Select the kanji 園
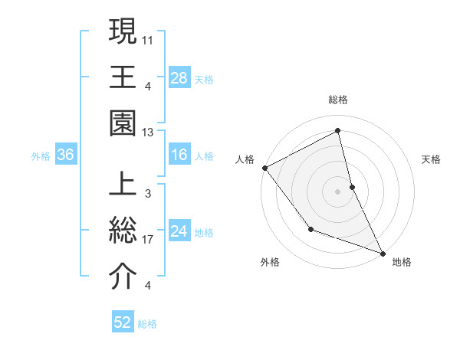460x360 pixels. (x=123, y=122)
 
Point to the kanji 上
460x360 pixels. (x=123, y=185)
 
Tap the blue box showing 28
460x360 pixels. (x=179, y=77)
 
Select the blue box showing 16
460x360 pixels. (x=179, y=155)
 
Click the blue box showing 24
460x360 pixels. (x=179, y=231)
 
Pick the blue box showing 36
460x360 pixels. (x=66, y=155)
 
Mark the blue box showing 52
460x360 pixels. (x=123, y=323)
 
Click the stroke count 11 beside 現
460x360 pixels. (x=149, y=38)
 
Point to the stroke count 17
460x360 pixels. (x=149, y=240)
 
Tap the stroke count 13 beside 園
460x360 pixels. (x=149, y=132)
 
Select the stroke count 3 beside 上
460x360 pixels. (x=147, y=194)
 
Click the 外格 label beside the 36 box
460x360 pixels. (x=41, y=156)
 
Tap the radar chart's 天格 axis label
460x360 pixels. (x=432, y=159)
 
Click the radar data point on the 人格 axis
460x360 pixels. (x=264, y=167)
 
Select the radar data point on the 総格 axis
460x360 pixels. (x=338, y=131)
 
